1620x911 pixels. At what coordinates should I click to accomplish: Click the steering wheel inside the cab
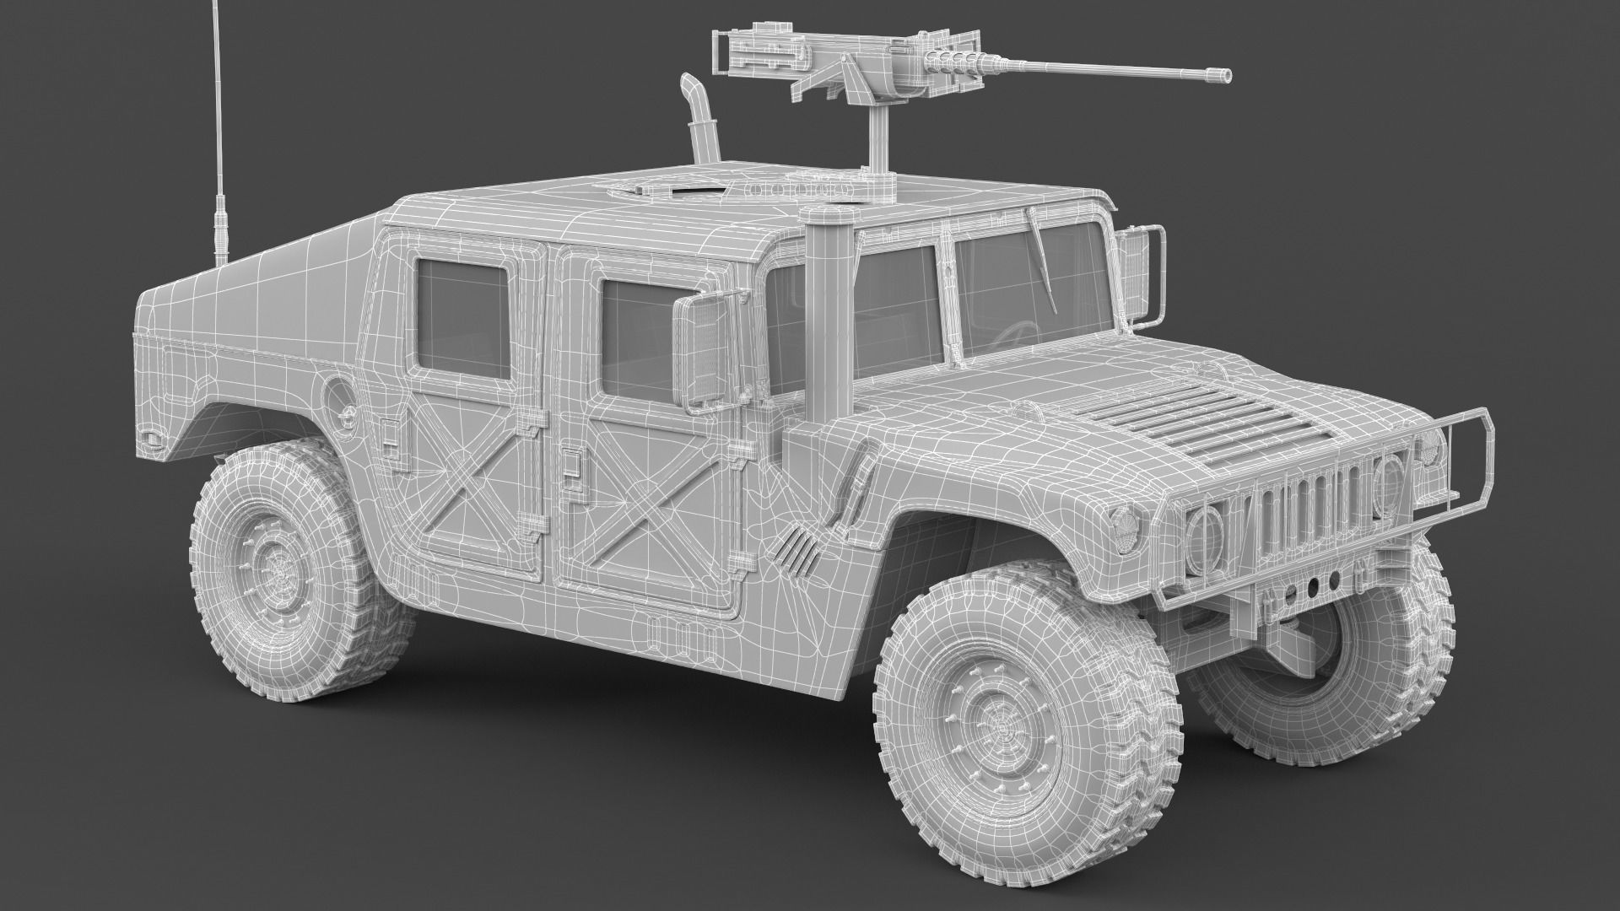pyautogui.click(x=1016, y=333)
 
